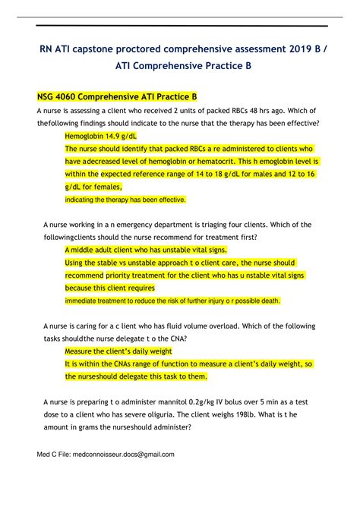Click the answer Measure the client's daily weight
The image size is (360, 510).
118,351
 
